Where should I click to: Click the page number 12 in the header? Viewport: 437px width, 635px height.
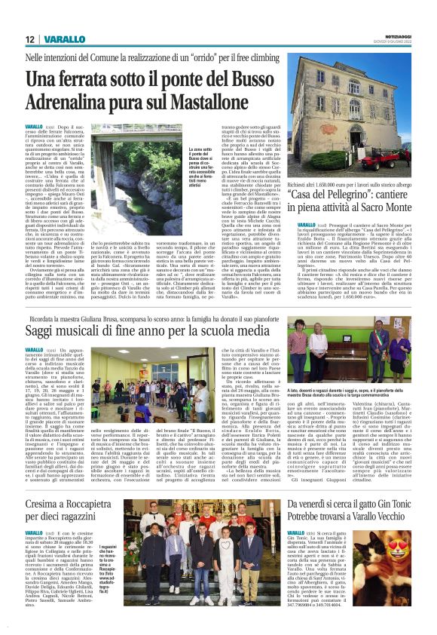pos(29,39)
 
